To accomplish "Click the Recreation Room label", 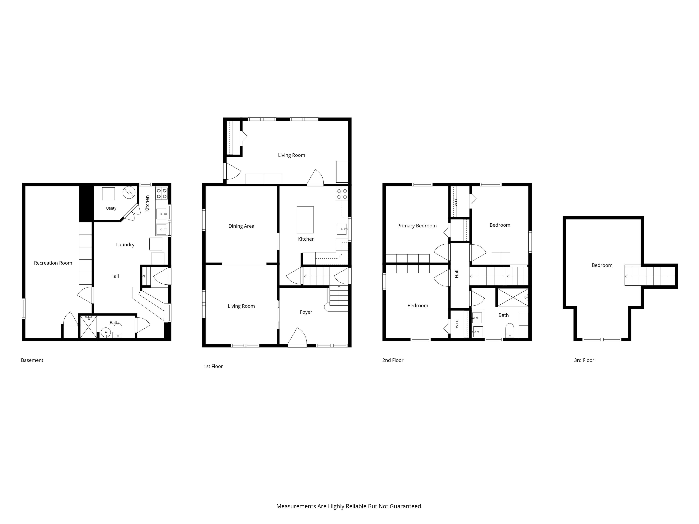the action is coord(53,263).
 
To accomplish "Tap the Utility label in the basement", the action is coord(111,208).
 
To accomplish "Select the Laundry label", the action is coord(125,245).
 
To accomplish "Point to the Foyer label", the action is coord(306,312).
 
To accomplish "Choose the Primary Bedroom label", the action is coord(417,226).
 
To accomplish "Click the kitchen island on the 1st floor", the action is coord(305,220).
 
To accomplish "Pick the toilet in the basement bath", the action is coord(118,331).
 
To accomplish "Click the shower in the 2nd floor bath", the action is coord(513,297).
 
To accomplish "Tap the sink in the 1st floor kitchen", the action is coord(342,229).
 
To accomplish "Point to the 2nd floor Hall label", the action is coord(457,274).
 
